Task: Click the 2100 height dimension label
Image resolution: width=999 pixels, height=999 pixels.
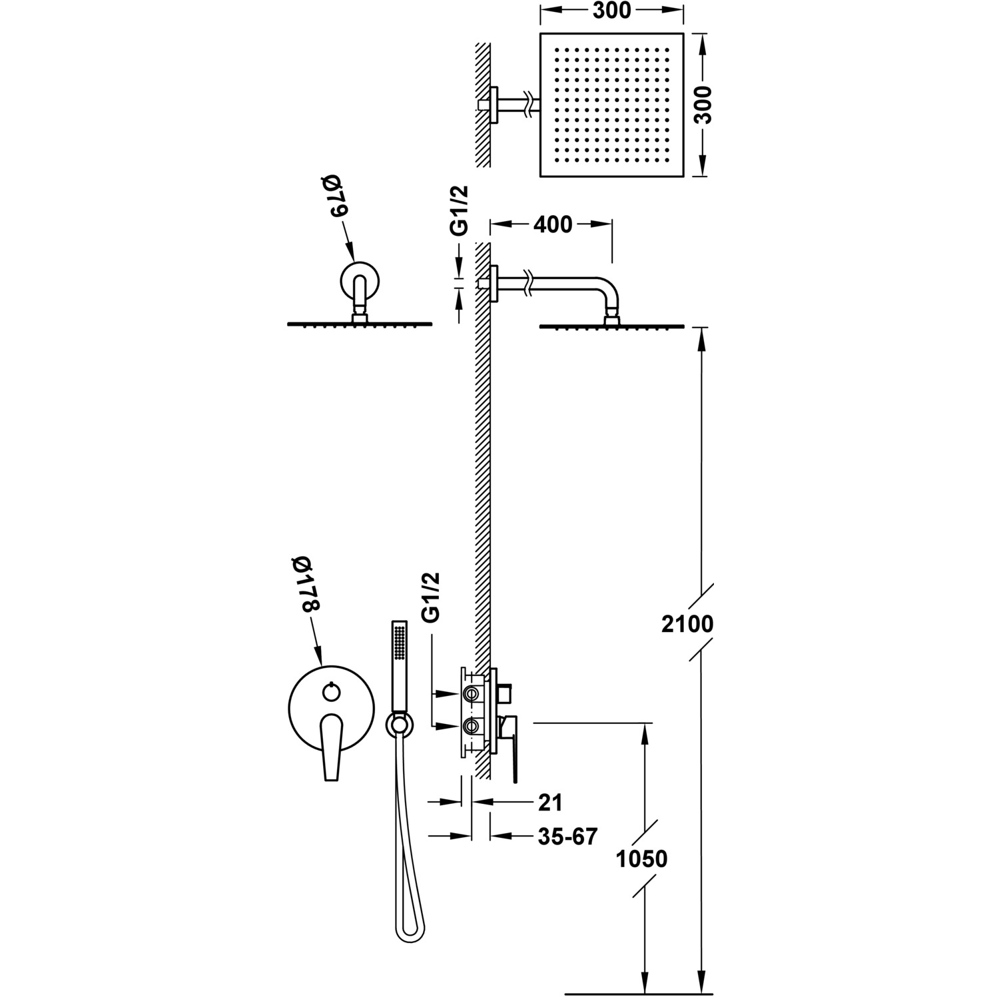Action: pos(688,624)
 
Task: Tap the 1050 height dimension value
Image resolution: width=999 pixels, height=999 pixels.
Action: pos(641,859)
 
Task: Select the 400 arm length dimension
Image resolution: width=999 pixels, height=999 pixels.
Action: pos(552,225)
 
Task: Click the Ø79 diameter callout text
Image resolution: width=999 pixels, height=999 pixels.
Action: pos(331,196)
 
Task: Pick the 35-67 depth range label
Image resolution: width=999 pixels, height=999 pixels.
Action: pos(568,836)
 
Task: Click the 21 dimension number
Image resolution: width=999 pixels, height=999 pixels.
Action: pos(550,803)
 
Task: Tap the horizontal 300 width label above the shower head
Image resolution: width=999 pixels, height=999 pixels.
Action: pos(611,11)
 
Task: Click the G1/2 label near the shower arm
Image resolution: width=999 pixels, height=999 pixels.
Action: pos(460,210)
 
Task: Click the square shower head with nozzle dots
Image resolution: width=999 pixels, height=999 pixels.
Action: pos(611,105)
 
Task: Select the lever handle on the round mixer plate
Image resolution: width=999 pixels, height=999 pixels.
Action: pos(331,746)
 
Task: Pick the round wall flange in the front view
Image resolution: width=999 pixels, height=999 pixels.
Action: pos(360,280)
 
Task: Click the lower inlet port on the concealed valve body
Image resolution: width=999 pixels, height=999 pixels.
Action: pos(472,725)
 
